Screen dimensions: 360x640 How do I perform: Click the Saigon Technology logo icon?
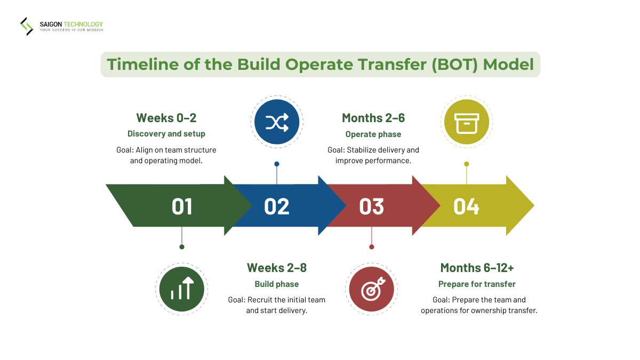coord(27,26)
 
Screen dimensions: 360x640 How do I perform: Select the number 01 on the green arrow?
coord(182,206)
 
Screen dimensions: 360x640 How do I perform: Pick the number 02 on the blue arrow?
coord(276,206)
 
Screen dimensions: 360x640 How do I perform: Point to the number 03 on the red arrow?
coord(371,206)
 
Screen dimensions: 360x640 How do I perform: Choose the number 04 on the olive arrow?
coord(466,206)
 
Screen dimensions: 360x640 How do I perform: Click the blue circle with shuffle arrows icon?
coord(277,122)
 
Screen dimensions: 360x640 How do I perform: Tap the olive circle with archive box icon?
coord(467,122)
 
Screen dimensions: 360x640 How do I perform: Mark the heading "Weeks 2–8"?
coord(276,268)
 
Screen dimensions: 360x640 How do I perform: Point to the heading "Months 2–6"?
coord(373,118)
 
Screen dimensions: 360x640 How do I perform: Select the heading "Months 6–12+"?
coord(477,268)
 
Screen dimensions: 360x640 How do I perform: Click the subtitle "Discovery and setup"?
coord(166,134)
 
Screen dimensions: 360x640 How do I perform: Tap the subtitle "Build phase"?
coord(276,284)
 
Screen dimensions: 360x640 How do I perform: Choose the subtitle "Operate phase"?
coord(373,134)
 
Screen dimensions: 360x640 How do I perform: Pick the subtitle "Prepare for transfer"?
coord(477,284)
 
